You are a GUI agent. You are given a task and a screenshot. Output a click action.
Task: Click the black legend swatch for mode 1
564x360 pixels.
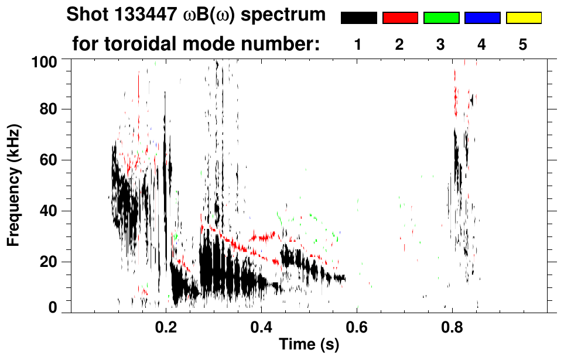click(x=358, y=18)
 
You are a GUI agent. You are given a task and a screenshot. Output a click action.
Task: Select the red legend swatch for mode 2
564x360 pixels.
click(x=400, y=18)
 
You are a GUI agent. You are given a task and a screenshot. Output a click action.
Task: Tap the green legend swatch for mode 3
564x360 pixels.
click(x=441, y=18)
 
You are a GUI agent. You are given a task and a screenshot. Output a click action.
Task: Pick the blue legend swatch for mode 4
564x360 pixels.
click(x=482, y=18)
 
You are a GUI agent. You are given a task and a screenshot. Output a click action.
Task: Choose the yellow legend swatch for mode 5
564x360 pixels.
click(x=523, y=18)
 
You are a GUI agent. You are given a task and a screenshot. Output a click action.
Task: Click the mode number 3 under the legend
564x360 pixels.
click(x=440, y=45)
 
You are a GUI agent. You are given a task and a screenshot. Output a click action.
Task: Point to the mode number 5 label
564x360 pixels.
click(x=523, y=45)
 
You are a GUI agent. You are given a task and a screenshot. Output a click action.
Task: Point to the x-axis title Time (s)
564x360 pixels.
click(x=308, y=345)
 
